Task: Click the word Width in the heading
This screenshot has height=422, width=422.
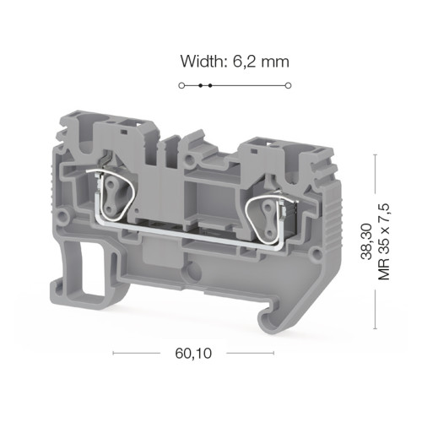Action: [203, 62]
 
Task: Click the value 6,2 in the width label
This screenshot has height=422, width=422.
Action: [244, 62]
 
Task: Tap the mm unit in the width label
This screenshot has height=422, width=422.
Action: [275, 63]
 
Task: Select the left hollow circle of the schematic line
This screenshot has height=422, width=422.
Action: [181, 85]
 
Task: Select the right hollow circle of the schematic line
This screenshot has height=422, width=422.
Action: [288, 85]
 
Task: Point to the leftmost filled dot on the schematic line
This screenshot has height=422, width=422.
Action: [200, 85]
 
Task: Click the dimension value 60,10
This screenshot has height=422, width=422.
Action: [193, 354]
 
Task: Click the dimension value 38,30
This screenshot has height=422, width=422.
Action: [367, 241]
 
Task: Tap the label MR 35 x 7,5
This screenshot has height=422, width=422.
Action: [384, 241]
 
